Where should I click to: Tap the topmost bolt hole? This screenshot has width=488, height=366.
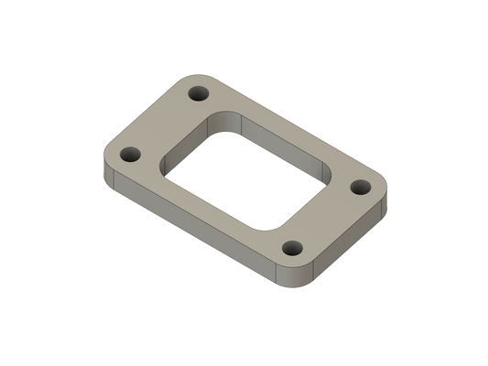click(x=198, y=93)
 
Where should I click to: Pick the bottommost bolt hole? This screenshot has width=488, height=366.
click(x=294, y=247)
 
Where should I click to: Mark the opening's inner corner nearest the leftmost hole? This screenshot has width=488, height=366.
click(x=165, y=165)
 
